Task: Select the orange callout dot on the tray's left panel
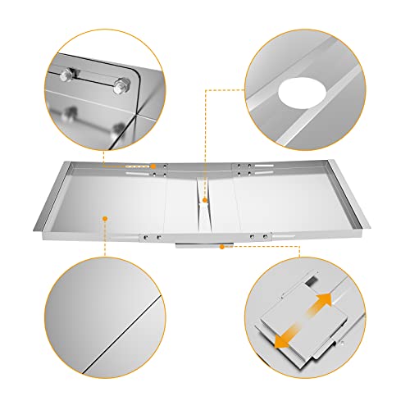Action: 105,217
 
